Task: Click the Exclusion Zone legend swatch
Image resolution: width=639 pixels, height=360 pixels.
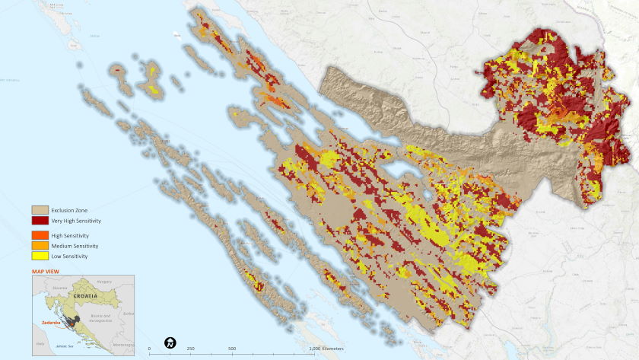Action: point(40,209)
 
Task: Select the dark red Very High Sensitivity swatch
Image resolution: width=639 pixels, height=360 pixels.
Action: point(40,221)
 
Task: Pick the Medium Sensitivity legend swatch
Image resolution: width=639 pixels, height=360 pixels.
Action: point(40,246)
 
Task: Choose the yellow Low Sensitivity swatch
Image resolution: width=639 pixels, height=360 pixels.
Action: point(40,256)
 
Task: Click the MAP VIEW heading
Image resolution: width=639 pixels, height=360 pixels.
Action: point(45,271)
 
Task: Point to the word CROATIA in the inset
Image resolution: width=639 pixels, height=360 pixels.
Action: point(85,295)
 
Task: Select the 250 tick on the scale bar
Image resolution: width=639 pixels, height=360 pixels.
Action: point(191,349)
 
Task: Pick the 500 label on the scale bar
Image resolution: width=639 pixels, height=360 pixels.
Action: point(232,349)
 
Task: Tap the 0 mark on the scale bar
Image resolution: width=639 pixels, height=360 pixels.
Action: point(149,349)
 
